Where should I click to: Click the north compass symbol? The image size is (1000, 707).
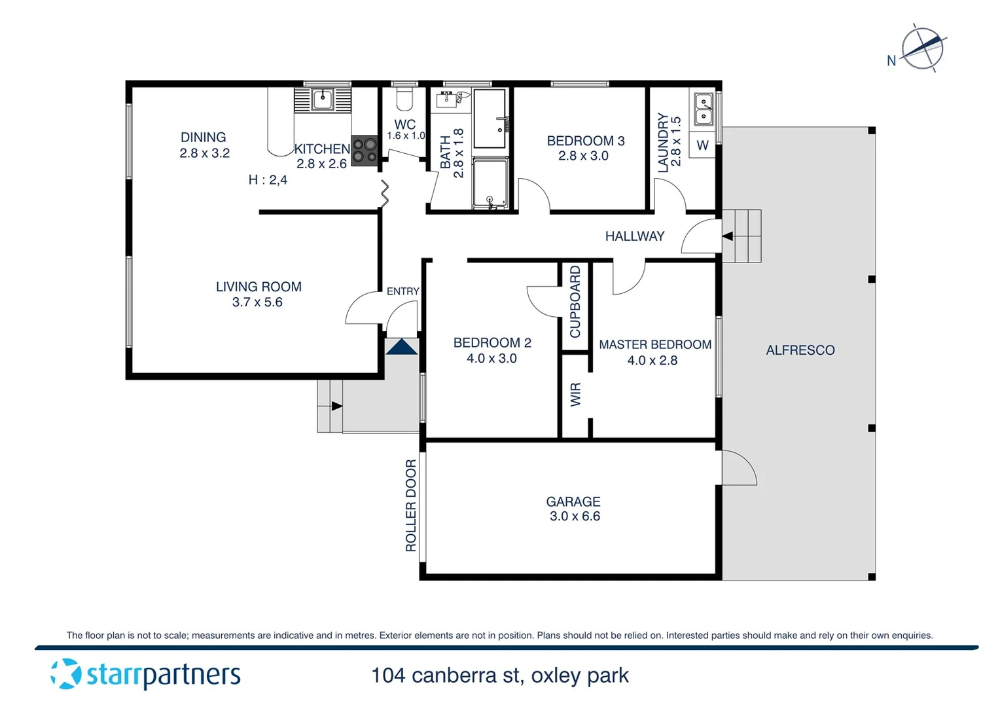(x=922, y=48)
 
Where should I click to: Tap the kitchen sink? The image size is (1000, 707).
(x=322, y=100)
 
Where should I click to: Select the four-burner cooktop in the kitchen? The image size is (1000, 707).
(x=365, y=151)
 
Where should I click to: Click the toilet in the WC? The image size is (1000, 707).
(x=404, y=100)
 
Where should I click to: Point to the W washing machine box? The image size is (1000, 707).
(x=702, y=145)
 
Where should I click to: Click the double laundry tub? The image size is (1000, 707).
(x=704, y=109)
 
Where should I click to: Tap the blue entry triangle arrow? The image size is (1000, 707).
(x=402, y=347)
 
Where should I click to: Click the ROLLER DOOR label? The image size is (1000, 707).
(x=411, y=505)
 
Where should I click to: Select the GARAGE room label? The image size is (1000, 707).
(x=573, y=501)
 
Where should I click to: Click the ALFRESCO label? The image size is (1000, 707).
(x=800, y=350)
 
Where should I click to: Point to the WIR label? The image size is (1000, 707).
(x=576, y=395)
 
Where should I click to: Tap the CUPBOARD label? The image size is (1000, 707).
(x=575, y=302)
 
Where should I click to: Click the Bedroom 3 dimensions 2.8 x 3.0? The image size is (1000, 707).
(x=583, y=156)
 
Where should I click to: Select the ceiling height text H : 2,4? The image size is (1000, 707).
(x=268, y=179)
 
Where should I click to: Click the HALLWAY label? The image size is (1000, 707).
(x=634, y=236)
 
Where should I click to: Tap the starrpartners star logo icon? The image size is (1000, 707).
(x=66, y=674)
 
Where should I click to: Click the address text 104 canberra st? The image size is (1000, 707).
(x=445, y=676)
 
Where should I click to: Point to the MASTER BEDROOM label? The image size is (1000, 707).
(x=654, y=344)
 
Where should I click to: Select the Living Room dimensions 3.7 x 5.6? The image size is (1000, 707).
(x=257, y=302)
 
